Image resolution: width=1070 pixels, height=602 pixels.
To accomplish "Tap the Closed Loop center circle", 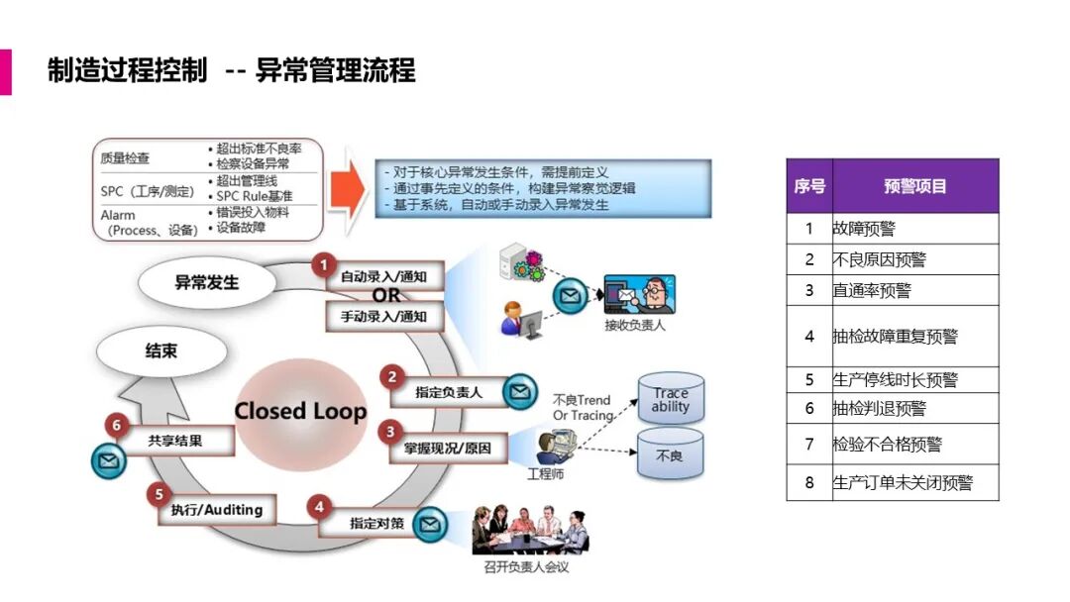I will click(x=300, y=412).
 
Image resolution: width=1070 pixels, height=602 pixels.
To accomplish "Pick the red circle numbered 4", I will click(x=318, y=507).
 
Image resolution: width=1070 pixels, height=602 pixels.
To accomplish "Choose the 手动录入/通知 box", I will click(x=384, y=317).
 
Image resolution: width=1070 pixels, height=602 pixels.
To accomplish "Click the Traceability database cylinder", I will click(x=671, y=399).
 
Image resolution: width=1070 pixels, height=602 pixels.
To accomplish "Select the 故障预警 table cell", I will click(x=914, y=229).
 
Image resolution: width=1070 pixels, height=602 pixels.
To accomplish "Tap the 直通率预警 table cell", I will click(x=914, y=290).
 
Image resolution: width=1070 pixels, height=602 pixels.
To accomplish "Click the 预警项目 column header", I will click(x=914, y=186).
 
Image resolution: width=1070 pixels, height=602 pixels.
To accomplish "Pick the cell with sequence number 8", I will click(x=808, y=483).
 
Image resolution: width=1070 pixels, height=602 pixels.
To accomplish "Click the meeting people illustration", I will click(x=529, y=531).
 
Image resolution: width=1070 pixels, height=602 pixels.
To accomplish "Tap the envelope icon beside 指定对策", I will click(x=429, y=524).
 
